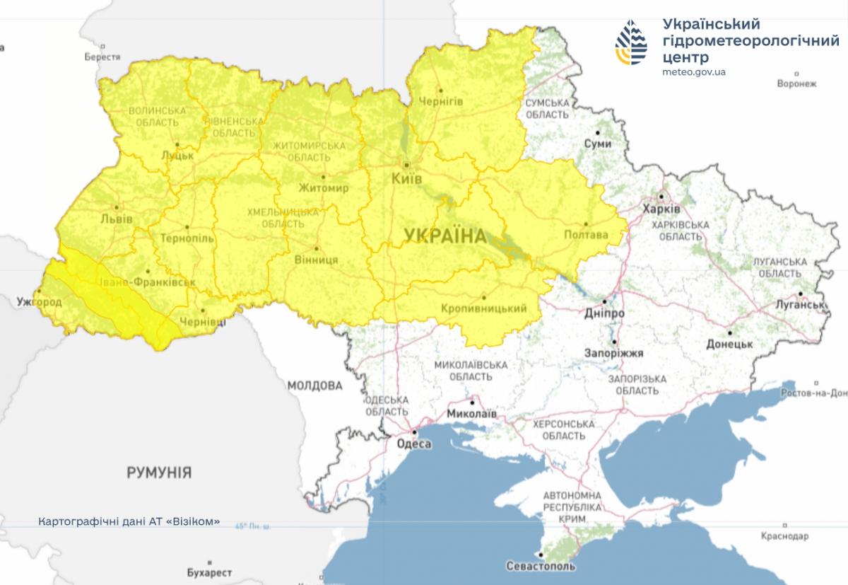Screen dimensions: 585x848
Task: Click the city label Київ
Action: click(x=406, y=179)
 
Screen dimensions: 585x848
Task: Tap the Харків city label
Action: click(x=661, y=210)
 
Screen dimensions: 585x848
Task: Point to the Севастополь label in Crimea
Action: click(x=541, y=566)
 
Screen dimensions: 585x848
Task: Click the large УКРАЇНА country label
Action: click(x=446, y=236)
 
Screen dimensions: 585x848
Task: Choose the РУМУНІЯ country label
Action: click(x=159, y=472)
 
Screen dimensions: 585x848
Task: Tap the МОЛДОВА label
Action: click(x=314, y=386)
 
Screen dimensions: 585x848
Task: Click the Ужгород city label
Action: click(x=40, y=302)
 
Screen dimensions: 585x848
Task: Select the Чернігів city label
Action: click(x=441, y=102)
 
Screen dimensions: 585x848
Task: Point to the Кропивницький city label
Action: click(x=484, y=308)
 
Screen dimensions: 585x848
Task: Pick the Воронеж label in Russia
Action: click(x=796, y=83)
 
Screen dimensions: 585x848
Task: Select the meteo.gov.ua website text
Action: click(x=695, y=72)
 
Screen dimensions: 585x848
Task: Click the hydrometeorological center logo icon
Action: click(x=631, y=42)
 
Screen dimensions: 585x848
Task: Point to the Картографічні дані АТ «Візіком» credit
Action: click(x=129, y=521)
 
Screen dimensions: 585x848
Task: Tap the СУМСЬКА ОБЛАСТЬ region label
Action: click(x=547, y=108)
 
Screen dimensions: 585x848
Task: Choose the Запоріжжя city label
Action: click(x=613, y=352)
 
